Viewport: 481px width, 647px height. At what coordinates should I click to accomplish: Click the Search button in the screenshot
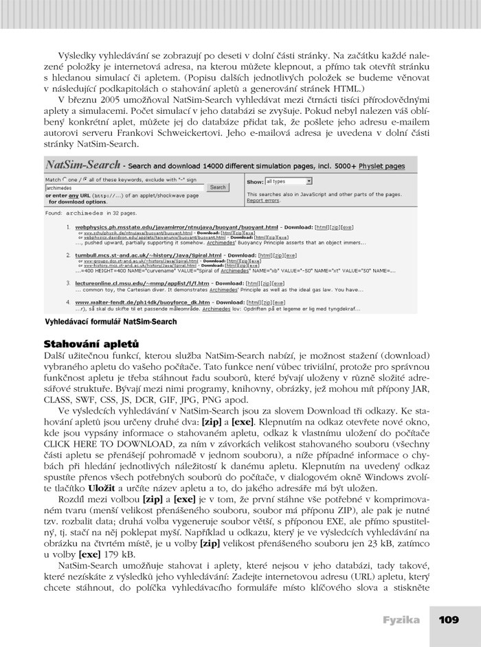[x=218, y=187]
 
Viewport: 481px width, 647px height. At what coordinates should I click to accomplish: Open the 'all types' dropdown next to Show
[x=289, y=181]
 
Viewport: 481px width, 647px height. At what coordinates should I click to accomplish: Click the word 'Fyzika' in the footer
[x=401, y=620]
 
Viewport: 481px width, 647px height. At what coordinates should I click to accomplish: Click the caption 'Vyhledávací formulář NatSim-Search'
[x=111, y=321]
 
